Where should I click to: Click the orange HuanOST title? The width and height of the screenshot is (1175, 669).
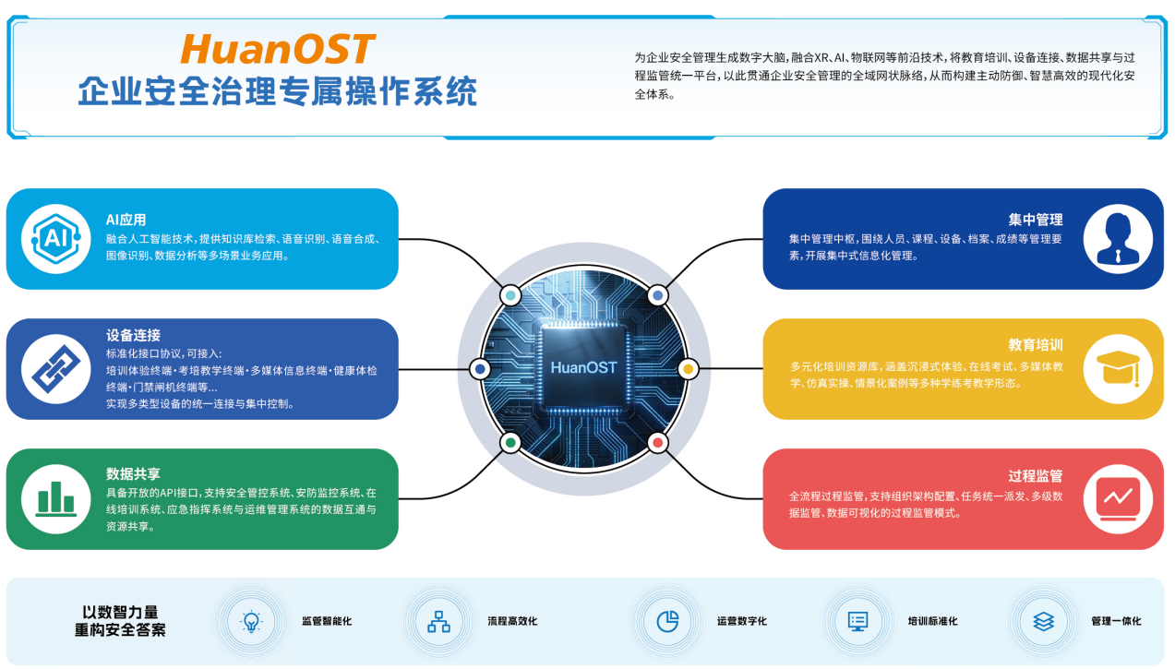coord(278,49)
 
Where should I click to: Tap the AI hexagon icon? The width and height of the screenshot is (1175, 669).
coord(55,239)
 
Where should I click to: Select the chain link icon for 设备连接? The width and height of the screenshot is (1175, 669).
coord(55,369)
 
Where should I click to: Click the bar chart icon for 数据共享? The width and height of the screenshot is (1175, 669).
coord(55,498)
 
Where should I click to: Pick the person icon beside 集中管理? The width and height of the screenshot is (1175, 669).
coord(1118,239)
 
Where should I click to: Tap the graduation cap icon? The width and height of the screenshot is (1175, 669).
coord(1118,368)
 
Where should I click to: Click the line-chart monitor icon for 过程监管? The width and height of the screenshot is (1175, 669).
coord(1118,498)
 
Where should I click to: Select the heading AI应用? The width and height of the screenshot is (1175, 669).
coord(126,220)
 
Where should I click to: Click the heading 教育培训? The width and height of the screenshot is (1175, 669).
coord(1035,344)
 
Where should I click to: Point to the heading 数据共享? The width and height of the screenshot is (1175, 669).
coord(133,474)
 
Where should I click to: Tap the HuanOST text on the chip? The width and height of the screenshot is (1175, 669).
coord(583,367)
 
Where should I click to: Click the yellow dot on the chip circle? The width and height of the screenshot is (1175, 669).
coord(689,369)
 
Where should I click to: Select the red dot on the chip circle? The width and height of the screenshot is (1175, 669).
coord(658,443)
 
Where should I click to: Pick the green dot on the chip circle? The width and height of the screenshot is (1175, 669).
coord(510,443)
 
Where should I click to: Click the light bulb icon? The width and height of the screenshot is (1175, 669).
coord(251,622)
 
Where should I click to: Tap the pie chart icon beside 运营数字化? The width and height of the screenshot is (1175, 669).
coord(667,622)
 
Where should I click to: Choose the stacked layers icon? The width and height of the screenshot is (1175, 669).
coord(1043,622)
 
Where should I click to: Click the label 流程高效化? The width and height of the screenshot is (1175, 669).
coord(512,621)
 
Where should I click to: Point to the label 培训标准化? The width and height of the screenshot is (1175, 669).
coord(932,621)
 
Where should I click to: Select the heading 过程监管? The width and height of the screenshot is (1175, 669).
coord(1035,475)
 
